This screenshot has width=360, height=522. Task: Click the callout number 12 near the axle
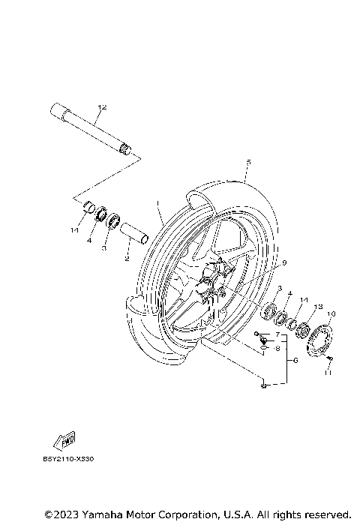click(x=103, y=107)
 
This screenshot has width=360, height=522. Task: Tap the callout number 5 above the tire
click(x=247, y=162)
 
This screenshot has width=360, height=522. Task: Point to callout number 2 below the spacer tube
click(x=127, y=259)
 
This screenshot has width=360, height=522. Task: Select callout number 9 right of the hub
click(x=284, y=262)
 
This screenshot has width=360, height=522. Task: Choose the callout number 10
click(x=331, y=313)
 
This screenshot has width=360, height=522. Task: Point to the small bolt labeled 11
click(x=329, y=364)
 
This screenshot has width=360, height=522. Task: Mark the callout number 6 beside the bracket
click(x=295, y=361)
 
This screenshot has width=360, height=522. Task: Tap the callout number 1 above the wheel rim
click(x=158, y=203)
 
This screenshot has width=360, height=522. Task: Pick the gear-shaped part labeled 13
click(x=305, y=328)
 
